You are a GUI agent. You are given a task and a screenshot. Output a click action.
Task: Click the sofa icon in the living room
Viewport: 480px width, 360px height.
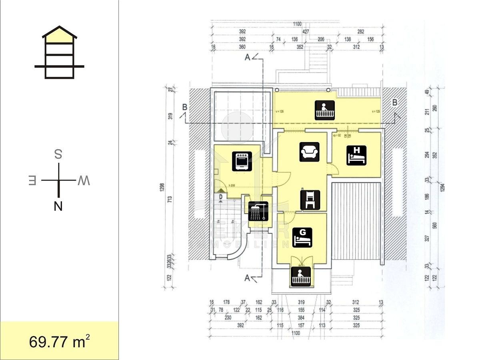[310, 152]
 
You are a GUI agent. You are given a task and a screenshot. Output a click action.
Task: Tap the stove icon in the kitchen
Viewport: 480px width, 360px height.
[242, 161]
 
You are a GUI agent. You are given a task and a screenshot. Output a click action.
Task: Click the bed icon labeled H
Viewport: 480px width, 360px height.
[356, 155]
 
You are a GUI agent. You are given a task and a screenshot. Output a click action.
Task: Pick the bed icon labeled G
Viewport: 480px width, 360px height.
[302, 237]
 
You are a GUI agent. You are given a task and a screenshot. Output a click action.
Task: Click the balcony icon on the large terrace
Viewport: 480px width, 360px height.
[325, 110]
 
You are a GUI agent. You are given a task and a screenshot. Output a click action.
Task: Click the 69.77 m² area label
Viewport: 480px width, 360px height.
[59, 342]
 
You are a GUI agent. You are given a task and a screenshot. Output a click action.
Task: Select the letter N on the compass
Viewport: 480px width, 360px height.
[58, 206]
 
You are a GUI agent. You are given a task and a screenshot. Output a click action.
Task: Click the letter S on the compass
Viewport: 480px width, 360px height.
[58, 154]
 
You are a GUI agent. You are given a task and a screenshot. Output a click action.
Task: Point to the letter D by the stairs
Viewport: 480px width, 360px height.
[220, 196]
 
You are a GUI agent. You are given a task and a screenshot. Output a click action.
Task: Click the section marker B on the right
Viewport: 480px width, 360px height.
[395, 102]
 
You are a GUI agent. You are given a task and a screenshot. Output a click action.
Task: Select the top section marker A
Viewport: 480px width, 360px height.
[247, 58]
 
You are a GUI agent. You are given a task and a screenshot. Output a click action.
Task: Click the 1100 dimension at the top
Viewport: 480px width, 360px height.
[296, 24]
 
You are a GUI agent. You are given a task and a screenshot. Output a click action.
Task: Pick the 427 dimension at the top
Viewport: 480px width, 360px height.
[306, 32]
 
